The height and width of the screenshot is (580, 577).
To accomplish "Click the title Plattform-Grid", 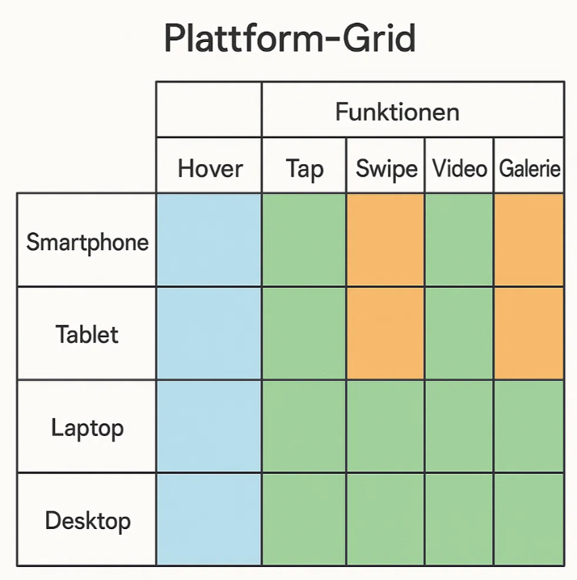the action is (290, 38).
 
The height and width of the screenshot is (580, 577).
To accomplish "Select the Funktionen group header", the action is (398, 112).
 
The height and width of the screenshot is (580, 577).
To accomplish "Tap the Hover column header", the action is (210, 168).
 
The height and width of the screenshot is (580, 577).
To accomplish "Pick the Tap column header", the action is (305, 169).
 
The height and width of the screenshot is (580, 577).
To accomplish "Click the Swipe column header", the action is (386, 169).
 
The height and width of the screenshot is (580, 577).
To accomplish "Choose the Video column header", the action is (460, 168).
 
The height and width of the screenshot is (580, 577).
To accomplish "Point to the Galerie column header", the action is (529, 168).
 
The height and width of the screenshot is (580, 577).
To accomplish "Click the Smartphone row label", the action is (87, 243).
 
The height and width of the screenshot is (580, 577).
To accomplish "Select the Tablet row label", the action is (86, 334).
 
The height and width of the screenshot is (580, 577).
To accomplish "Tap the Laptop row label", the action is (87, 428).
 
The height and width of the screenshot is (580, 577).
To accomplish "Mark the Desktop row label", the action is (87, 521).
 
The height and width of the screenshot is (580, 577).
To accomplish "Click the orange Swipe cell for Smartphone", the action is (385, 239).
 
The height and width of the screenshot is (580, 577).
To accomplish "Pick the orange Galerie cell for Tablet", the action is (529, 333).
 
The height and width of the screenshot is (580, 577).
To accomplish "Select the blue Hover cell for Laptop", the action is (208, 426).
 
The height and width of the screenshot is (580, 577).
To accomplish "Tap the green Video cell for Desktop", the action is (459, 519).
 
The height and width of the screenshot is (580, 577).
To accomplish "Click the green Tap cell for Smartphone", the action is (304, 239).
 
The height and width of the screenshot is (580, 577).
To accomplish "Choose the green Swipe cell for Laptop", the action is (385, 426).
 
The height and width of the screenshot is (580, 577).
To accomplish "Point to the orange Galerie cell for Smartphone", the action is (529, 239).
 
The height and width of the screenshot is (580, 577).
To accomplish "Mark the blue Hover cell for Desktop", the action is (208, 519).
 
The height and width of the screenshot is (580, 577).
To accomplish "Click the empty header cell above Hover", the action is (208, 109).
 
